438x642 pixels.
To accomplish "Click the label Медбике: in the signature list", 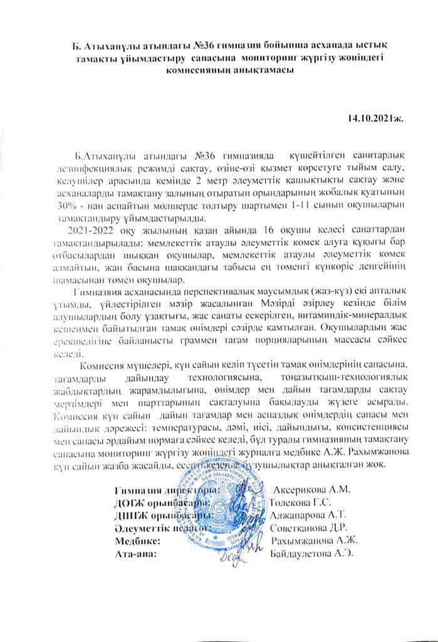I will pos(139,541).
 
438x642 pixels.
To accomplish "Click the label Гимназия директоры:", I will pos(166,490).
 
